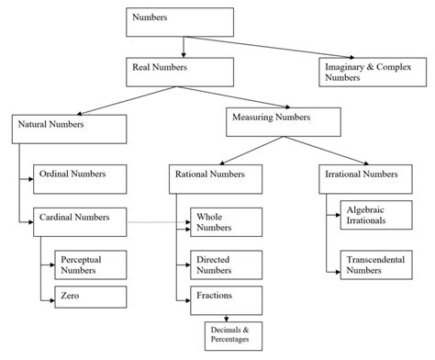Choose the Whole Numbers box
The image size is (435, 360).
click(226, 221)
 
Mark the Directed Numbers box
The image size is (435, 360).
click(226, 264)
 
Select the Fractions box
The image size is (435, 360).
click(226, 298)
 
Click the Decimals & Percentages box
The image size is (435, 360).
click(229, 335)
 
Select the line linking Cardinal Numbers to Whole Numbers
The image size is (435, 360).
click(151, 222)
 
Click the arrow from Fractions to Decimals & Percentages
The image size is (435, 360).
click(227, 317)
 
